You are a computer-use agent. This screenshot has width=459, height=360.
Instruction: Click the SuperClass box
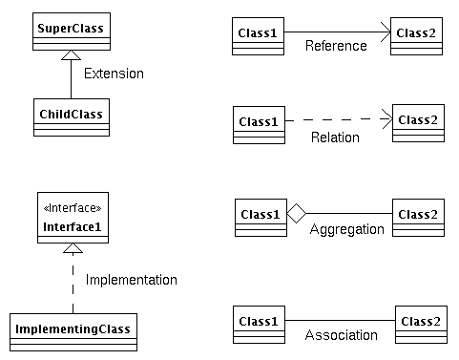pos(71,30)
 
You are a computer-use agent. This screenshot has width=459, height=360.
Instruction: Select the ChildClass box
pos(71,115)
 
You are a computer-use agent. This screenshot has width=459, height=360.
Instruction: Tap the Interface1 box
pos(73,220)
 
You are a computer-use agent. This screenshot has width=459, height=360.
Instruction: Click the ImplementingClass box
pos(73,330)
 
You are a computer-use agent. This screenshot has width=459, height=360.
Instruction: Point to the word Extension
pos(114,73)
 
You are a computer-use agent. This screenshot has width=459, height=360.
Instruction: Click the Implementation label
pos(132,280)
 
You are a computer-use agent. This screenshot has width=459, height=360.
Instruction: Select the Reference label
pos(336,46)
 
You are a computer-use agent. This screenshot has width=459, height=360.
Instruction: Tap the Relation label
pos(335,138)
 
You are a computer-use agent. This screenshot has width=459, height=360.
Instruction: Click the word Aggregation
pos(346,229)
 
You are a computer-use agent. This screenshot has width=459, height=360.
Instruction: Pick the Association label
pos(341,335)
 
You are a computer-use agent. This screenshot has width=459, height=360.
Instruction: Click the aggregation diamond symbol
pos(296,214)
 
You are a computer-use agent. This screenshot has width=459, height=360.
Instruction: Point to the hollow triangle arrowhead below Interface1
pos(73,248)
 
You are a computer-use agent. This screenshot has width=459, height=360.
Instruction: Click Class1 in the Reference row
pos(259,35)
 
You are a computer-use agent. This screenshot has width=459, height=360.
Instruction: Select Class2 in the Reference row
pos(418,35)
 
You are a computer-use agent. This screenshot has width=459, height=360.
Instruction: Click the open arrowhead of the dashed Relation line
pos(388,120)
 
